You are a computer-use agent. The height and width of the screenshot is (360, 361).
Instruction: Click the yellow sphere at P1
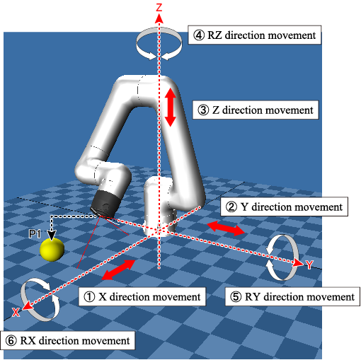click(x=52, y=250)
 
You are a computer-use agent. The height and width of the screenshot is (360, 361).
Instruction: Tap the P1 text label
click(x=35, y=234)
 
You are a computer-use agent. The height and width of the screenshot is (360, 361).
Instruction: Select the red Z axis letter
click(x=159, y=8)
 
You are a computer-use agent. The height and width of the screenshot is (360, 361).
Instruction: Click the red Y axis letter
click(x=309, y=265)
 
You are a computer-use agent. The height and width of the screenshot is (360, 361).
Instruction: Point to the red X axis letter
click(x=16, y=312)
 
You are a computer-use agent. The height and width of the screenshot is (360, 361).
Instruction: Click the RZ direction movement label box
click(x=254, y=35)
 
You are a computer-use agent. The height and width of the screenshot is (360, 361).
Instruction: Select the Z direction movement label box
click(x=256, y=110)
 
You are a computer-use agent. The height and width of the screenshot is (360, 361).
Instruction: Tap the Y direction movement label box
click(x=284, y=207)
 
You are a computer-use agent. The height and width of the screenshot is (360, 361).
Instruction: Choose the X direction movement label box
click(x=142, y=296)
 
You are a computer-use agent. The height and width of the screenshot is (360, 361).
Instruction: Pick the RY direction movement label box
click(x=292, y=296)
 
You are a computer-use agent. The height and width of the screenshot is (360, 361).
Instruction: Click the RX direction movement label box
click(x=68, y=340)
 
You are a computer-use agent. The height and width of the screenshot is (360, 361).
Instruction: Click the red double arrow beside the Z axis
click(x=171, y=108)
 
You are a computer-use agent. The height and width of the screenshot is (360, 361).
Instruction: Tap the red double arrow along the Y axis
click(x=226, y=228)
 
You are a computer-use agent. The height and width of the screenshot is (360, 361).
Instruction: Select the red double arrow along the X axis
click(x=118, y=270)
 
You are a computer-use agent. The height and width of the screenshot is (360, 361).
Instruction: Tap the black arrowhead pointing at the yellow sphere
click(x=52, y=235)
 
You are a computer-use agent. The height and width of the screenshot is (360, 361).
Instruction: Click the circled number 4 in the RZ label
click(x=199, y=35)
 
